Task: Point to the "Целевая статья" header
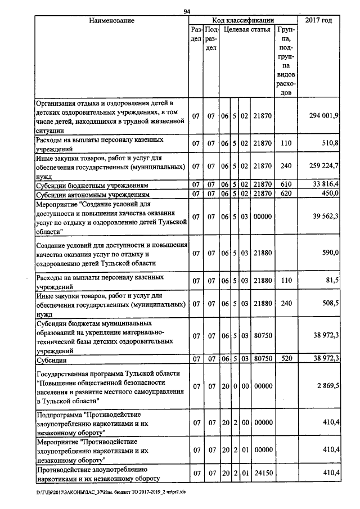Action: (246, 29)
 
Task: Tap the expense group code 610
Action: (286, 184)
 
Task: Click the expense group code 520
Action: (286, 358)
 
